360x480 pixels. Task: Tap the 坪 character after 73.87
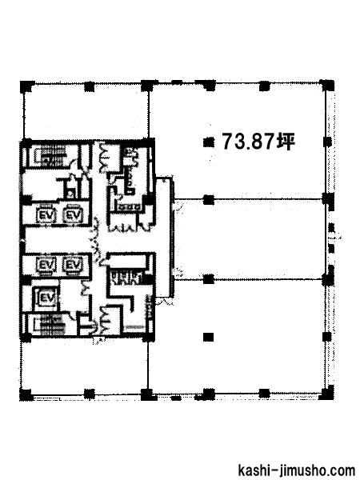[x=286, y=142]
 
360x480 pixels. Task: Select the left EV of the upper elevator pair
[x=46, y=215]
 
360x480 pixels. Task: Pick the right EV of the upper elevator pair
[x=74, y=215]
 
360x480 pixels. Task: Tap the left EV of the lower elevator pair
[x=46, y=265]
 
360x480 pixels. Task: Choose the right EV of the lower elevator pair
[x=73, y=265]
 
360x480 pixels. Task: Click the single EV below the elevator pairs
[x=47, y=298]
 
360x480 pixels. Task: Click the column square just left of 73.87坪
[x=209, y=142]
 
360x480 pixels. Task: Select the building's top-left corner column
[x=27, y=86]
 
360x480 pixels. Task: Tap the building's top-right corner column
[x=326, y=86]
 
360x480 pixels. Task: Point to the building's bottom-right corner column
[x=327, y=393]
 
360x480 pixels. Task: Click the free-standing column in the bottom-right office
[x=209, y=338]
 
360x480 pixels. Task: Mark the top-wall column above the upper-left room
[x=89, y=86]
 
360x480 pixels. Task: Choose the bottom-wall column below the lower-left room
[x=89, y=394]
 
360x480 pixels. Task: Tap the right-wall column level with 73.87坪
[x=327, y=142]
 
